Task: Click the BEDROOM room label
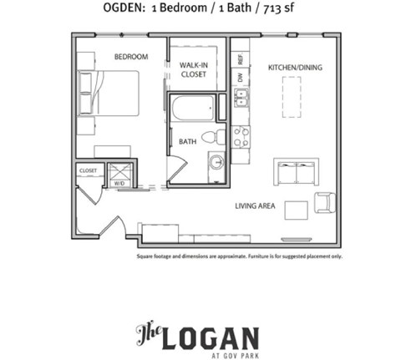(130, 57)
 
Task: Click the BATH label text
(187, 141)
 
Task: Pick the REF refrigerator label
(240, 60)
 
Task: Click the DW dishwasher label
(240, 77)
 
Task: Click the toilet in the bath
(219, 135)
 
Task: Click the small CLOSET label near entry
(88, 170)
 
